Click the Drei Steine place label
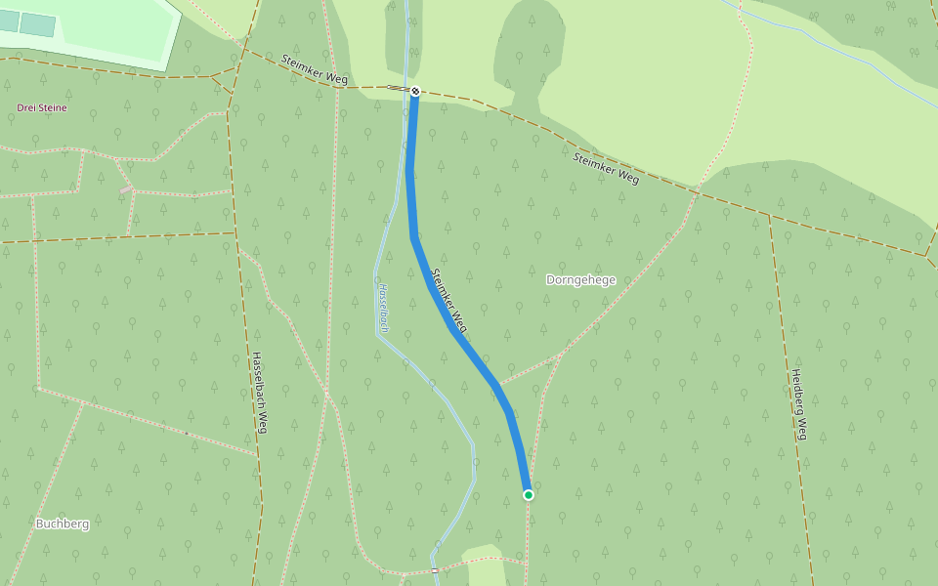[42, 107]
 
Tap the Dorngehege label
[580, 280]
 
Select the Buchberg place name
[63, 523]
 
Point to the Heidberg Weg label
[798, 404]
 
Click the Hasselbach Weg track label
[259, 393]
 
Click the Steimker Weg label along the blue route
[448, 300]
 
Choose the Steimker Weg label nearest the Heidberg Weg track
[606, 168]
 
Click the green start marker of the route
[529, 495]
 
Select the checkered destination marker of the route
[415, 91]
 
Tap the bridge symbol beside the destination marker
[399, 88]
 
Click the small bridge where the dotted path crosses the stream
[435, 569]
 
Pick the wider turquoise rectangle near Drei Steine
[38, 25]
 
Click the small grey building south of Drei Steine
[126, 187]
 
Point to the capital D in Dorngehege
[550, 280]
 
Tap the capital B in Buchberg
[40, 523]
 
